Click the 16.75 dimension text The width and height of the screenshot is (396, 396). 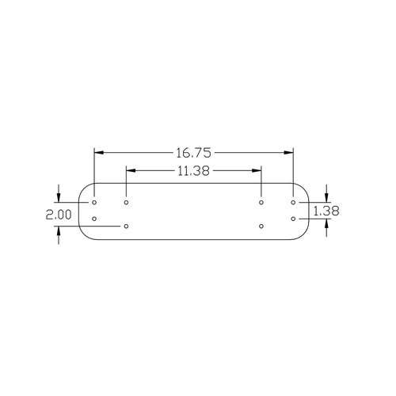194,153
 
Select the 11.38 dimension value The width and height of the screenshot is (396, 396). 193,171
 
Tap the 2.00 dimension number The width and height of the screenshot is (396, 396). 59,215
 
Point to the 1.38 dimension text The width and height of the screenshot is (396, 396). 326,211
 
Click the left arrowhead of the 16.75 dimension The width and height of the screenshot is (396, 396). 98,153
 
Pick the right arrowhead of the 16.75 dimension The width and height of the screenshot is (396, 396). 289,153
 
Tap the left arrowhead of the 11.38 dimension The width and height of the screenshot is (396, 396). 131,170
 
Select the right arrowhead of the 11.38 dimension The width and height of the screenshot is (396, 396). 257,170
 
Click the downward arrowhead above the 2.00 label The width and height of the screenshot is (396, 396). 59,198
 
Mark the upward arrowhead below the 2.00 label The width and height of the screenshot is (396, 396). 59,230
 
